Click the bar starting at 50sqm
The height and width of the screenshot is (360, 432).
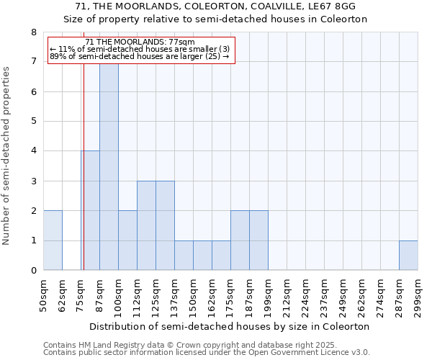[53, 240]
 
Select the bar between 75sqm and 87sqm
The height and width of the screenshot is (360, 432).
[90, 210]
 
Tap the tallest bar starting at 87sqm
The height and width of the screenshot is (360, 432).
[109, 166]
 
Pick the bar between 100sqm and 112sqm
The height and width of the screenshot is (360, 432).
[127, 240]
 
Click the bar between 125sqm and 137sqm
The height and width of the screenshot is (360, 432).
[165, 225]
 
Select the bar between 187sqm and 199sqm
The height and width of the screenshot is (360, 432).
[258, 240]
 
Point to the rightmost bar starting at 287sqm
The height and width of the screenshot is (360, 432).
[408, 256]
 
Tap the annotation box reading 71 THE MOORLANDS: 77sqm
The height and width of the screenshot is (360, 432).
[141, 50]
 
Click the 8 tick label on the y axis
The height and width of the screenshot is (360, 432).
[33, 32]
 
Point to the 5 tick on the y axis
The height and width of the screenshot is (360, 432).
[33, 122]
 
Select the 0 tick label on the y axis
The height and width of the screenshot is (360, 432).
[33, 271]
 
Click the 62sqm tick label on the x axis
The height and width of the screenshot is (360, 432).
[62, 295]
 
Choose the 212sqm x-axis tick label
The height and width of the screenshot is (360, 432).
[287, 295]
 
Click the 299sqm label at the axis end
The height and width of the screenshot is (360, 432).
[418, 295]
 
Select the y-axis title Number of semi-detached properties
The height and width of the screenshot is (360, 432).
[7, 155]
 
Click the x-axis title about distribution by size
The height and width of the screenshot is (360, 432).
[230, 326]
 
